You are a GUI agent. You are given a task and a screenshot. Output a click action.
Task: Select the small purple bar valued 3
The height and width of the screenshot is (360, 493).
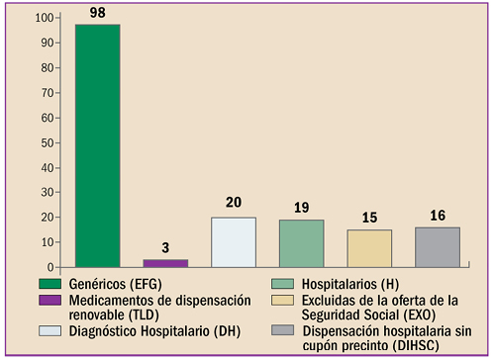coord(165,263)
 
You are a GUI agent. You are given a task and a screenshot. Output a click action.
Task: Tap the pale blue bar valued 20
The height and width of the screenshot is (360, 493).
coord(233,242)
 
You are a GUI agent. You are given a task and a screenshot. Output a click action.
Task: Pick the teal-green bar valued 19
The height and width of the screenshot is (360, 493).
coord(301,243)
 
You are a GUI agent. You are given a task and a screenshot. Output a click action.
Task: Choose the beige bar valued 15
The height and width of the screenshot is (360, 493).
coord(369,248)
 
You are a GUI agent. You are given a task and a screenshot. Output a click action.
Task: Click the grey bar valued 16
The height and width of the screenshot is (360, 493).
coord(437,247)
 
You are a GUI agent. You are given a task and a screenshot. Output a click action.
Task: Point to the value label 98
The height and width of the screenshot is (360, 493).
coord(97,13)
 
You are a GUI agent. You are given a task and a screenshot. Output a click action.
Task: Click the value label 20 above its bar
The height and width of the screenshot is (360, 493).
coord(233,204)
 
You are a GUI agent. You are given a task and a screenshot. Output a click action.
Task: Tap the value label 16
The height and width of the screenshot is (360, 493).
coord(437,215)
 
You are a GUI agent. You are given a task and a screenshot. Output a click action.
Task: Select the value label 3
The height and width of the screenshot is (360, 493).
coord(165,247)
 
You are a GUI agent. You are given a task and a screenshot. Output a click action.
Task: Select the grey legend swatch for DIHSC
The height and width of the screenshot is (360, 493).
coord(283,330)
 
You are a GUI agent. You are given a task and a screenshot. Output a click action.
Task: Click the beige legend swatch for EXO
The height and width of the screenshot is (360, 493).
coord(283,300)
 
